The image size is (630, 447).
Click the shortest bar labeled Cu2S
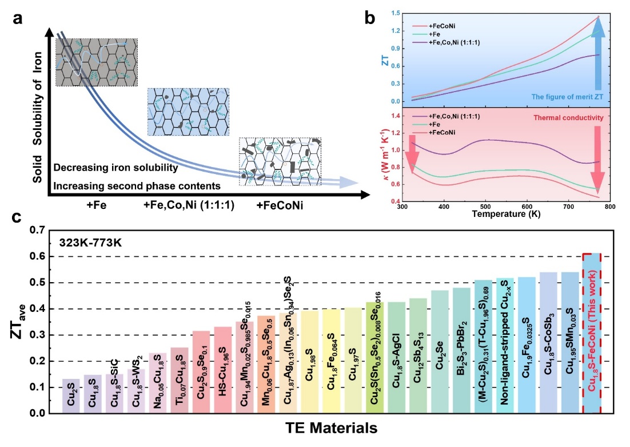(x=71, y=395)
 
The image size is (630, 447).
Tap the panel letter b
(x=369, y=18)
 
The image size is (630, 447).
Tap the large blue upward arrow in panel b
(x=597, y=52)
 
